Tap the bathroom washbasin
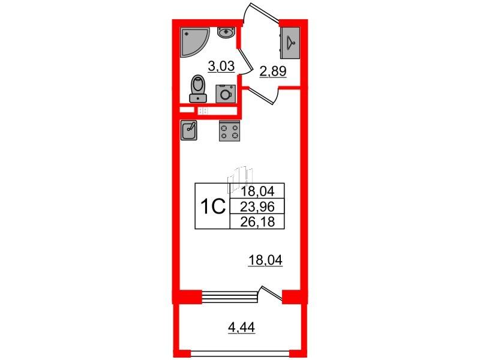click(226, 32)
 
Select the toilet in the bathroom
click(198, 89)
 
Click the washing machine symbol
click(226, 94)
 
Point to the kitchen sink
click(189, 130)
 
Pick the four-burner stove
click(229, 131)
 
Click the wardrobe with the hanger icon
click(290, 43)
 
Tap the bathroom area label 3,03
click(221, 66)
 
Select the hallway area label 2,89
click(273, 71)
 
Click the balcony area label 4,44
click(242, 328)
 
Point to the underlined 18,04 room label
click(265, 261)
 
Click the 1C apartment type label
click(213, 207)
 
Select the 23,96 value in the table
click(257, 207)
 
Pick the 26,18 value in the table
click(257, 221)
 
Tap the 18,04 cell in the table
click(257, 192)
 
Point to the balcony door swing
click(271, 292)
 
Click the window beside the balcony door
click(229, 295)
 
